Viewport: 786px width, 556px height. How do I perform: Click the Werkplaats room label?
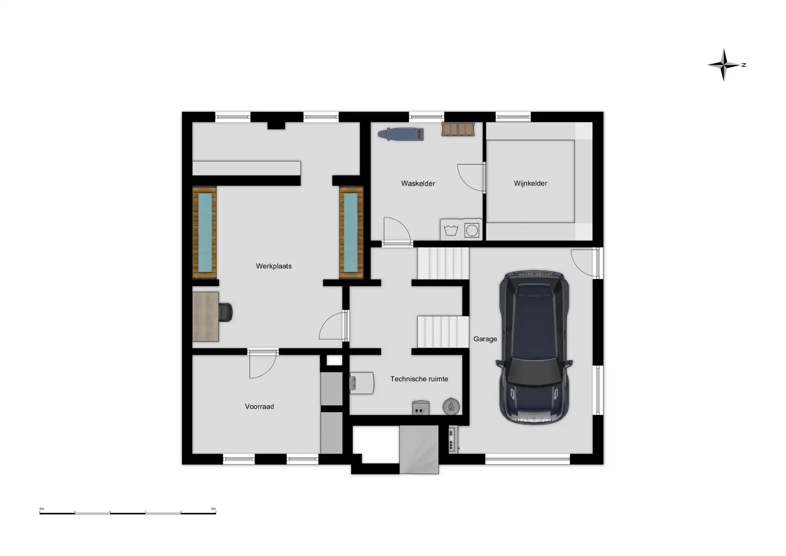[x=274, y=266]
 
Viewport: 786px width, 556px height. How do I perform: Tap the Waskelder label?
[x=418, y=183]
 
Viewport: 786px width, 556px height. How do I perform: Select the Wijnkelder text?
[x=531, y=183]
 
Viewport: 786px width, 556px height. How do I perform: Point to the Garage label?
[x=485, y=339]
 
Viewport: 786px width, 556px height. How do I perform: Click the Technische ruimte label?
[x=419, y=379]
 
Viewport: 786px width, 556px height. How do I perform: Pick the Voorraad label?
[x=260, y=407]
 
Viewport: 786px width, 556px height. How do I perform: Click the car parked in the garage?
[x=534, y=348]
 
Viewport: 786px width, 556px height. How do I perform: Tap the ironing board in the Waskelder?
[x=401, y=134]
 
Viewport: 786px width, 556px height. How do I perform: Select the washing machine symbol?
[x=452, y=230]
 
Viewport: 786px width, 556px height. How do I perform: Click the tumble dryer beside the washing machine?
[x=472, y=230]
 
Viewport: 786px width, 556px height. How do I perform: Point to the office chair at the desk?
[x=225, y=312]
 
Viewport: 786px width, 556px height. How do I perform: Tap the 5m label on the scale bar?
[x=213, y=509]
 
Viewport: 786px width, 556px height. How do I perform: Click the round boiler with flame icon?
[x=451, y=407]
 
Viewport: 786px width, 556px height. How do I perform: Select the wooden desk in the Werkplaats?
[x=206, y=316]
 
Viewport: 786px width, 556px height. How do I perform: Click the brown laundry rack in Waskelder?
[x=458, y=129]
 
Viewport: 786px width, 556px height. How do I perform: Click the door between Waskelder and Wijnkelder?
[x=471, y=178]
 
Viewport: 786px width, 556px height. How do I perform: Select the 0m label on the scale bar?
[x=42, y=509]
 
